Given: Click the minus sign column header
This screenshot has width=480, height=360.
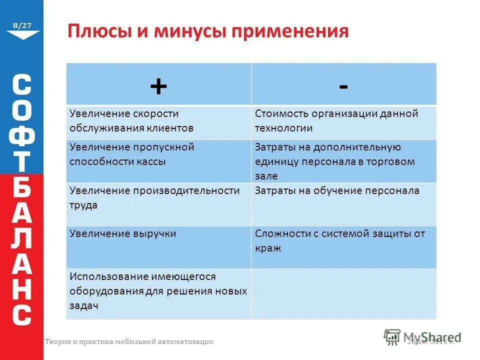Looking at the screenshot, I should pyautogui.click(x=343, y=86).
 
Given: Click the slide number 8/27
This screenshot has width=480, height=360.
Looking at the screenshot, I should pyautogui.click(x=22, y=24).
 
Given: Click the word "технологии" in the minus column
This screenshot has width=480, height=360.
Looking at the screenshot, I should pyautogui.click(x=283, y=128).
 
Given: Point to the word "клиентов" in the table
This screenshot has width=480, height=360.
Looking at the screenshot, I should pyautogui.click(x=169, y=128).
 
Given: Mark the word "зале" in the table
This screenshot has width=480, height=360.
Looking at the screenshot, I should pyautogui.click(x=266, y=176).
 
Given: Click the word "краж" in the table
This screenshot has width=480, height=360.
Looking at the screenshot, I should pyautogui.click(x=268, y=248).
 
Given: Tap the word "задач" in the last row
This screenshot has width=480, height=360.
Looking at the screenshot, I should pyautogui.click(x=83, y=305).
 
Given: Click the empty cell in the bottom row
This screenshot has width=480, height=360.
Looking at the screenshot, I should pyautogui.click(x=343, y=293).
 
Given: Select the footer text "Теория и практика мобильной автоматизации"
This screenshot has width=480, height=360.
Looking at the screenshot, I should pyautogui.click(x=129, y=342).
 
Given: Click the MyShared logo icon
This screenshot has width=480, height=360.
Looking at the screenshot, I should pyautogui.click(x=392, y=336).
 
